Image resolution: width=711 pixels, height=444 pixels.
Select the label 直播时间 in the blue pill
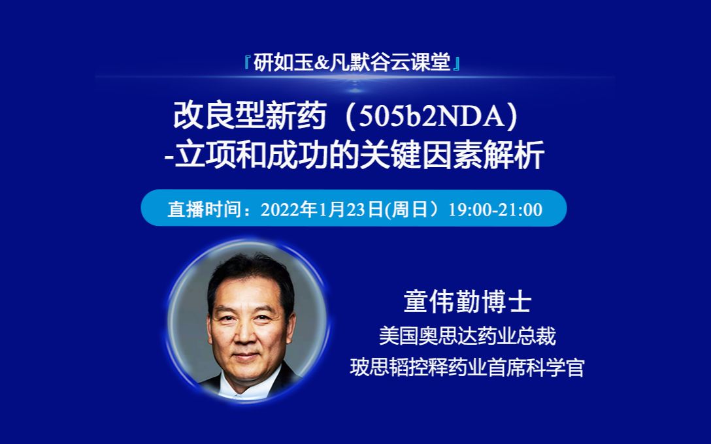[194, 209]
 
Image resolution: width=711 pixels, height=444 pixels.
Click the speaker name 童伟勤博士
[467, 303]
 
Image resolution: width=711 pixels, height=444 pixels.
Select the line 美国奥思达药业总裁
[467, 336]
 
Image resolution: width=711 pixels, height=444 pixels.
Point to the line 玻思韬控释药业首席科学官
[467, 368]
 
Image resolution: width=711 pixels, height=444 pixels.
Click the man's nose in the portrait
[246, 337]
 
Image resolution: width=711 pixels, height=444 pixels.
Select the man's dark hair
[248, 274]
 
